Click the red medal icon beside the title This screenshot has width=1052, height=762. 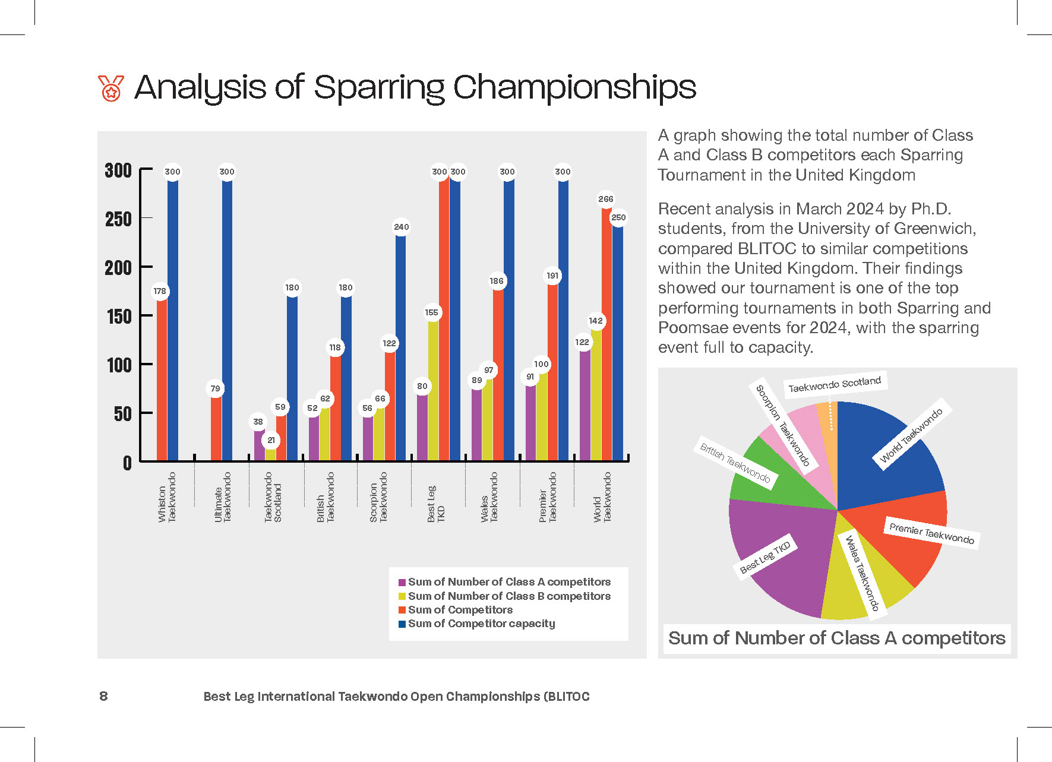(x=111, y=88)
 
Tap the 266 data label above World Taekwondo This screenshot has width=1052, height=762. (x=606, y=199)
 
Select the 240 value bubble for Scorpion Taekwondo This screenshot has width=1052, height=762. (x=402, y=227)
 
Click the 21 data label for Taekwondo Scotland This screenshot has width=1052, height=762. (x=271, y=440)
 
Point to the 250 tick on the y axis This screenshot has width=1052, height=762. (x=119, y=219)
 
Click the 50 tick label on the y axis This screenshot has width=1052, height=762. (x=122, y=414)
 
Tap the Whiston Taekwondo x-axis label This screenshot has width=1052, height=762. (x=167, y=498)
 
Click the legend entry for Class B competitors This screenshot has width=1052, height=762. (x=505, y=596)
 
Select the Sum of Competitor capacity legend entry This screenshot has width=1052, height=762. (x=477, y=624)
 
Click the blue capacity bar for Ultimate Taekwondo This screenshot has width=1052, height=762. (x=228, y=321)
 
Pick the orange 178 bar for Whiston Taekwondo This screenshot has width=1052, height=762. (x=162, y=380)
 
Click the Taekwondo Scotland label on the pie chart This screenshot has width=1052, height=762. (x=835, y=384)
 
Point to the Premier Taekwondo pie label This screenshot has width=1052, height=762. (x=931, y=533)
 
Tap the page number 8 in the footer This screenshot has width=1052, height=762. (x=103, y=696)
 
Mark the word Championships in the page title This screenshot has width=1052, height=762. (x=574, y=88)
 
